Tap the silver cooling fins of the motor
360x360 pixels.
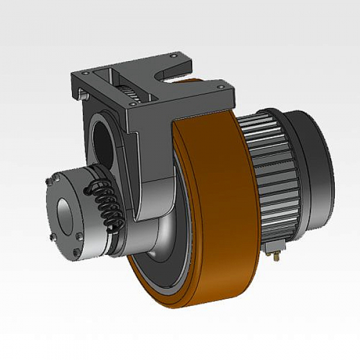pyautogui.click(x=273, y=174)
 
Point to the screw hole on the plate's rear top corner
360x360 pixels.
pyautogui.click(x=174, y=55)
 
